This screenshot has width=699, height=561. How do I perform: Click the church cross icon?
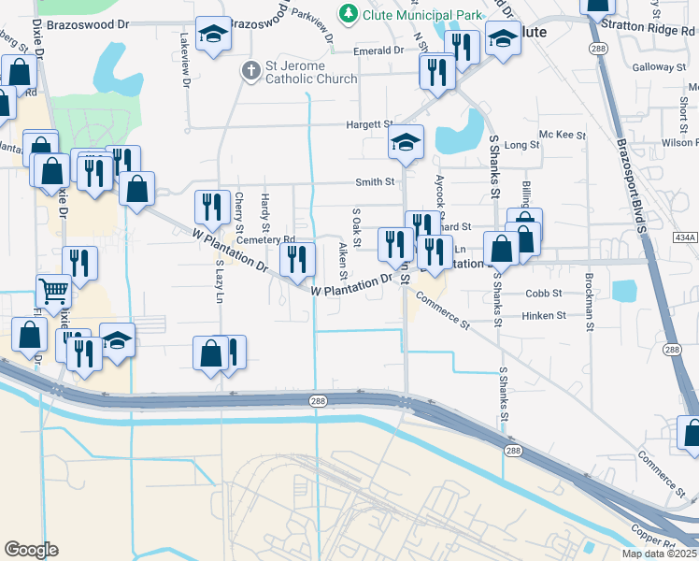point(249,70)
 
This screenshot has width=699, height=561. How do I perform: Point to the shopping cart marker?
point(53,291)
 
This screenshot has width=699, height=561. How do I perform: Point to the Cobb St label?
point(543,293)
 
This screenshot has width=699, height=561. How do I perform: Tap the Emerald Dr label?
point(378,50)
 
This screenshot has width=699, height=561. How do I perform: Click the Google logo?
point(31,550)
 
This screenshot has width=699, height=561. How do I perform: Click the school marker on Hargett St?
point(406,142)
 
